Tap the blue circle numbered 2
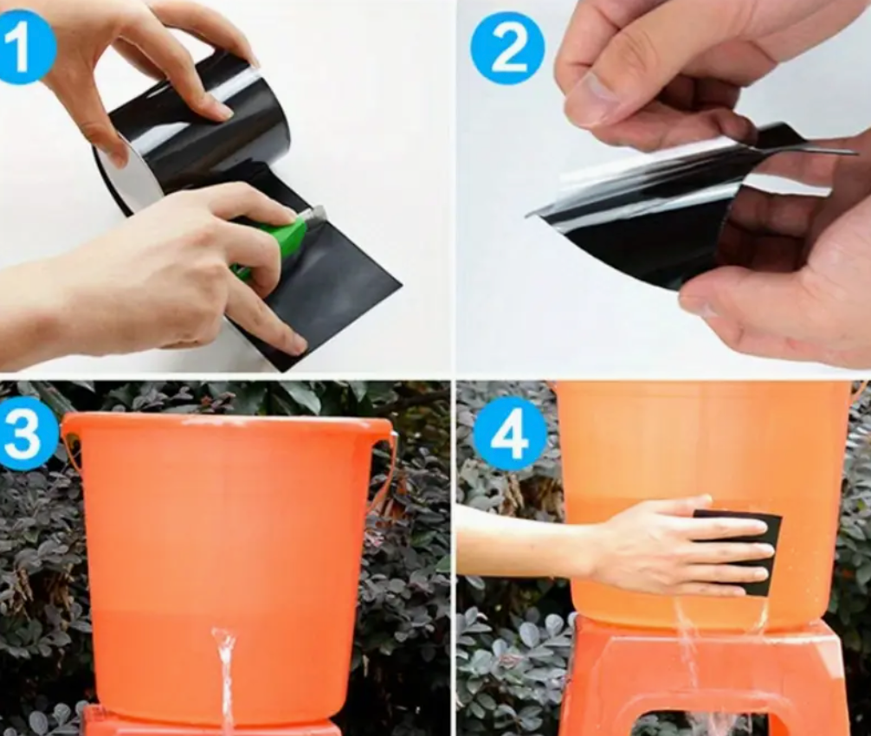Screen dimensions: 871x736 pyautogui.click(x=507, y=48)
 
